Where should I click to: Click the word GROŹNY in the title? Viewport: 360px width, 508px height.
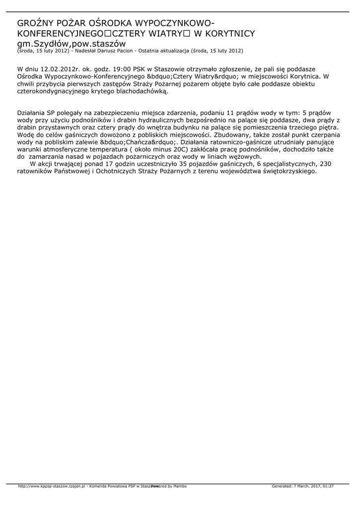click(x=36, y=23)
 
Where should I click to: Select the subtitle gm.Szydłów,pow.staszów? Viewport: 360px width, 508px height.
click(x=72, y=44)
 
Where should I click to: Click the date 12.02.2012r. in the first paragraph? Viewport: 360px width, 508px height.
click(x=59, y=69)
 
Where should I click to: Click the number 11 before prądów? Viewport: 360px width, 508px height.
click(x=230, y=113)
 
